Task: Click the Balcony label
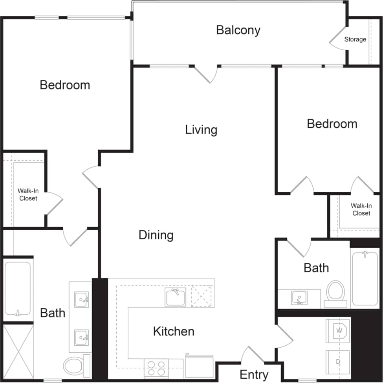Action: pyautogui.click(x=238, y=30)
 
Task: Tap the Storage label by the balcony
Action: pyautogui.click(x=355, y=39)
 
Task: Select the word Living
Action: pyautogui.click(x=201, y=130)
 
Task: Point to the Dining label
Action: pyautogui.click(x=156, y=235)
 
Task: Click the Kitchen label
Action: pyautogui.click(x=173, y=331)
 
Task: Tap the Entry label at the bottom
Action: pyautogui.click(x=254, y=374)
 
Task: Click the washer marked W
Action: pyautogui.click(x=338, y=331)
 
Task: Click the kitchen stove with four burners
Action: pyautogui.click(x=156, y=368)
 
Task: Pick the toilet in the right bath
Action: pyautogui.click(x=335, y=293)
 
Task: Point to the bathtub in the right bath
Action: pyautogui.click(x=365, y=278)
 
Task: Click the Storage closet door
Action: pyautogui.click(x=337, y=39)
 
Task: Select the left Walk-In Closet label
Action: pyautogui.click(x=28, y=194)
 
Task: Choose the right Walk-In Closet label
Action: pyautogui.click(x=361, y=209)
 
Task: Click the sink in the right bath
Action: pyautogui.click(x=299, y=297)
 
